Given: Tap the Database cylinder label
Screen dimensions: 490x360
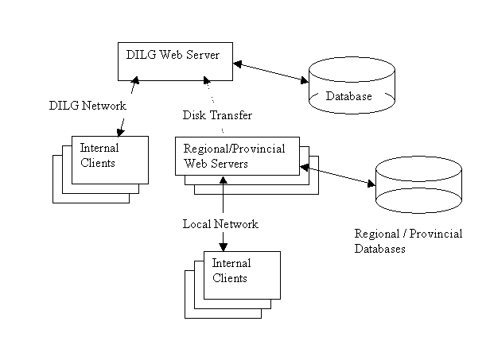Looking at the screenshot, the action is coord(348,96).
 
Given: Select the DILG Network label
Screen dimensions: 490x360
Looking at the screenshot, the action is coord(87,106).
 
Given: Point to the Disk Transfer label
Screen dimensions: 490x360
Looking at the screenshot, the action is coord(217,115).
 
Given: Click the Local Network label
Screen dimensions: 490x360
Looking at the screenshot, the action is coord(220,224).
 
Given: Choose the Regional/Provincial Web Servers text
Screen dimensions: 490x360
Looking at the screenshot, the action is coord(234,156).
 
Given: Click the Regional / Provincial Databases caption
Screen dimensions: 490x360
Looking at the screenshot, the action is coord(408,241).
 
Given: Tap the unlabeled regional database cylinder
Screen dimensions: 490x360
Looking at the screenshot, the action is coord(418,185).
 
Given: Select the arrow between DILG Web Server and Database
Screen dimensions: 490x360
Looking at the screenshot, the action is coord(271,73).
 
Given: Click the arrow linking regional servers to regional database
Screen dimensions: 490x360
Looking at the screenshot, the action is coord(337,176).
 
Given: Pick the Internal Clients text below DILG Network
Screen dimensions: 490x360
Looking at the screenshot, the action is coord(99,156).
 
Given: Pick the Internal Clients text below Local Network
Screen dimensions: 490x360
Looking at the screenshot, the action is coord(231,271).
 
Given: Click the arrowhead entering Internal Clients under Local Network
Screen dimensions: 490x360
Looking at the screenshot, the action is coord(223,247).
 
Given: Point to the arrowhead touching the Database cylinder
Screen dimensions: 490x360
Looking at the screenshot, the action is coord(304,80).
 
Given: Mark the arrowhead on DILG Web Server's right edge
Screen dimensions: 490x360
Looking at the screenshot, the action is coord(238,64).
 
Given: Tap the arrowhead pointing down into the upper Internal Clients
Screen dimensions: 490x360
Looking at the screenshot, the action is coord(120,132).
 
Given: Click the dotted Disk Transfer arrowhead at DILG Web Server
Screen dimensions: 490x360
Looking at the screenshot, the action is coord(207,80).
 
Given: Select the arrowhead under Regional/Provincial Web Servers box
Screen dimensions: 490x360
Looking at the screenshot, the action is coord(223,180).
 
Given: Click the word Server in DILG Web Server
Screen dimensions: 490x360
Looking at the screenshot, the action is coord(203,55).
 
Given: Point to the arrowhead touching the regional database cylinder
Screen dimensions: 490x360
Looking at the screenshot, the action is coord(371,184).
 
